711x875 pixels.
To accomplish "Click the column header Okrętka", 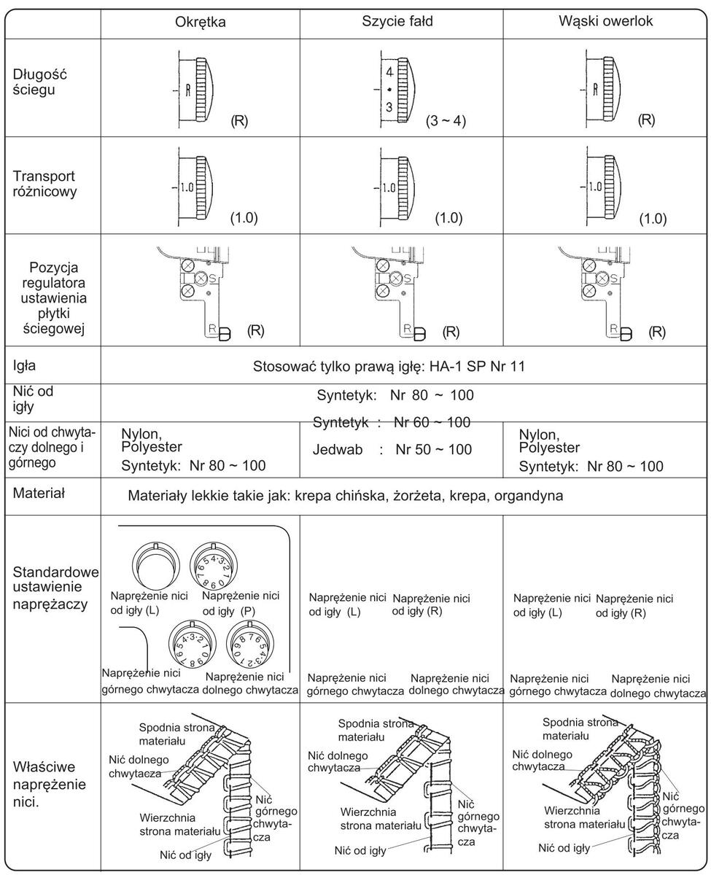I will [201, 22].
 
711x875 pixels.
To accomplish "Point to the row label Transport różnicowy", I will [43, 184].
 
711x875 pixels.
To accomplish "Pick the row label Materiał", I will [39, 494].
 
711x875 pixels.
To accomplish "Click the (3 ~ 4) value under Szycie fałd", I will [446, 121].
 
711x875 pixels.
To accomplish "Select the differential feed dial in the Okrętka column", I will [197, 187].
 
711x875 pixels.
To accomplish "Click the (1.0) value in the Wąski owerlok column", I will [652, 219].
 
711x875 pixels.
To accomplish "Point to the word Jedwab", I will [338, 449].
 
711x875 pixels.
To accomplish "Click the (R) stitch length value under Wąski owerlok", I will [645, 121].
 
